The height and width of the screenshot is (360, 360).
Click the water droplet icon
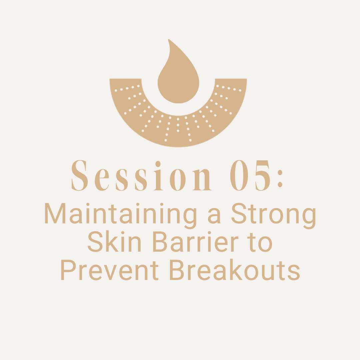point(178,76)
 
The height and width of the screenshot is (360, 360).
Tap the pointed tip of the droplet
point(169,40)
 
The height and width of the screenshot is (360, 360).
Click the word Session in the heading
point(141,175)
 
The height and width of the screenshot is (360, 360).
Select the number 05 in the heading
point(251,175)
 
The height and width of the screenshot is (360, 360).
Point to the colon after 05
point(280,179)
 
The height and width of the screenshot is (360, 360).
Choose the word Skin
point(114,242)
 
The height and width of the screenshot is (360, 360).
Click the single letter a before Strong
point(214,216)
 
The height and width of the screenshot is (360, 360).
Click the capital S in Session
point(80,175)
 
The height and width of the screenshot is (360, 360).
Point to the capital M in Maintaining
point(55,213)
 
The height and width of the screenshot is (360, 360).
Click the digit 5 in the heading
point(262,175)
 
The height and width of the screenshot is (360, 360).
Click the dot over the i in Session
point(158,164)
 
